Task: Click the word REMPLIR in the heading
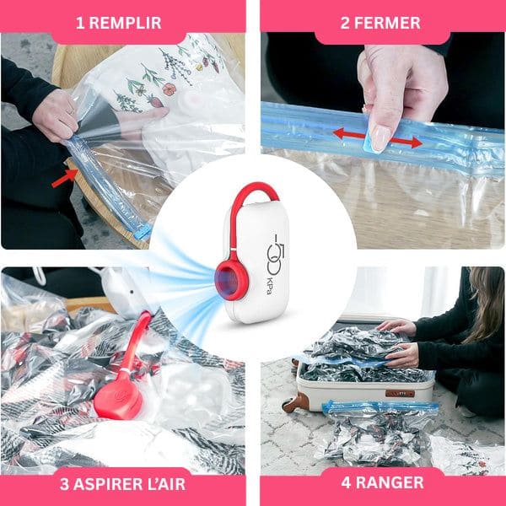[125, 23]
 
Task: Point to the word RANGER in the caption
[390, 482]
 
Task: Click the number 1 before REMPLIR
[80, 23]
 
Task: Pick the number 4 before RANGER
[346, 482]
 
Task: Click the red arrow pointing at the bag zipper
[65, 178]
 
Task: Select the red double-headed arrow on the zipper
[378, 137]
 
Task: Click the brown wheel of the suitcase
[293, 402]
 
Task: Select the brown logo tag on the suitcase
[400, 393]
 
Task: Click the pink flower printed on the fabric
[170, 89]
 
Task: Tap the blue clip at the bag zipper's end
[143, 231]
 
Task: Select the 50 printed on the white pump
[276, 250]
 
